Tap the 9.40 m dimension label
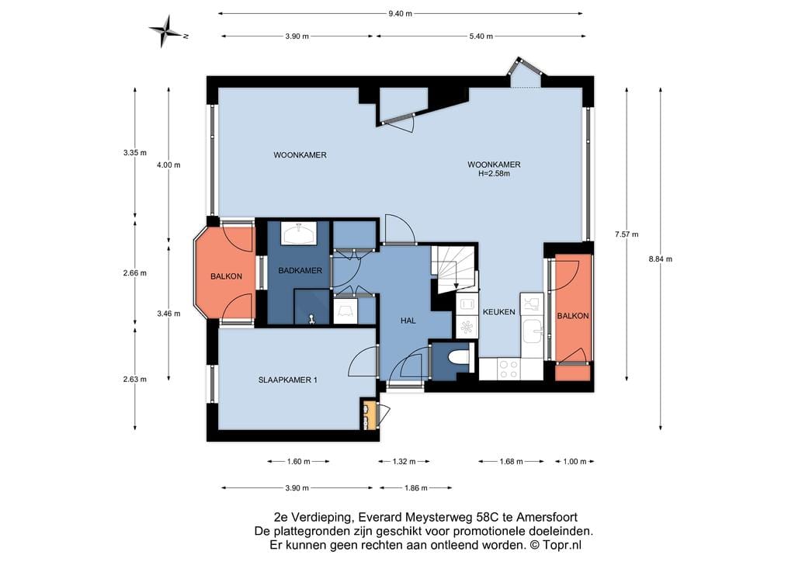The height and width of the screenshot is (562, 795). tap(400, 14)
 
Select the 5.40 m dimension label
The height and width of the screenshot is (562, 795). tap(481, 36)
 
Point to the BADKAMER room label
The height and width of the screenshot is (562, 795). tap(300, 271)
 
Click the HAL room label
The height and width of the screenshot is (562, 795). tap(408, 321)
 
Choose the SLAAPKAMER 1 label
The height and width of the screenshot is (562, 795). tap(287, 380)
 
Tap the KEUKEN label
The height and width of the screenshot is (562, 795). tap(499, 312)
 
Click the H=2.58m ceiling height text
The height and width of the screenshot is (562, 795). tap(494, 173)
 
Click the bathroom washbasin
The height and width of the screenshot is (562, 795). tap(300, 234)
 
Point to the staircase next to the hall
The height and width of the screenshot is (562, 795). tap(453, 269)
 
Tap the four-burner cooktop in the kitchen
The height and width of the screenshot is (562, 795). tap(509, 369)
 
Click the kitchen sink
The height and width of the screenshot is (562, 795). tap(533, 331)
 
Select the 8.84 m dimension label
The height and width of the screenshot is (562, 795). tap(660, 259)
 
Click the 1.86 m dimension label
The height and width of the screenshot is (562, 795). tap(416, 488)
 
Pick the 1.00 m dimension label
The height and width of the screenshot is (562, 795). tap(575, 462)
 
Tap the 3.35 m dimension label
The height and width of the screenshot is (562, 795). tap(135, 153)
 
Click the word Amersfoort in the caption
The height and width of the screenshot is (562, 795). tap(547, 518)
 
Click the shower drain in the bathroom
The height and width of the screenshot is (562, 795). tap(312, 319)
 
